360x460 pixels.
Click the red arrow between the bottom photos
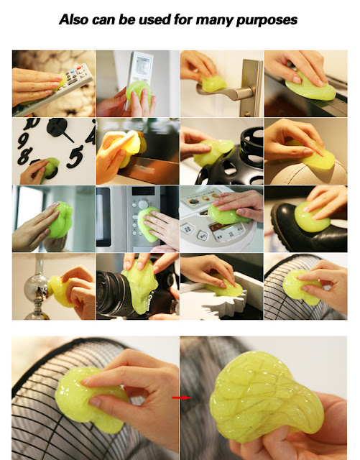coord(181,397)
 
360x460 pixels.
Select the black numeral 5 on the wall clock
coord(75,157)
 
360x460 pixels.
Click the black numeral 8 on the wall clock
coord(24,155)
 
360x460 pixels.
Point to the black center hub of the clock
coord(57,126)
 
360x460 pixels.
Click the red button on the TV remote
coord(79,68)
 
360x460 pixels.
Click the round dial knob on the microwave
coord(144,203)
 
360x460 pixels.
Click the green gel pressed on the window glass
coord(60,219)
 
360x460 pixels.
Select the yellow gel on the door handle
coord(213,83)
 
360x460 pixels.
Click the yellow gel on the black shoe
coord(311,217)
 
